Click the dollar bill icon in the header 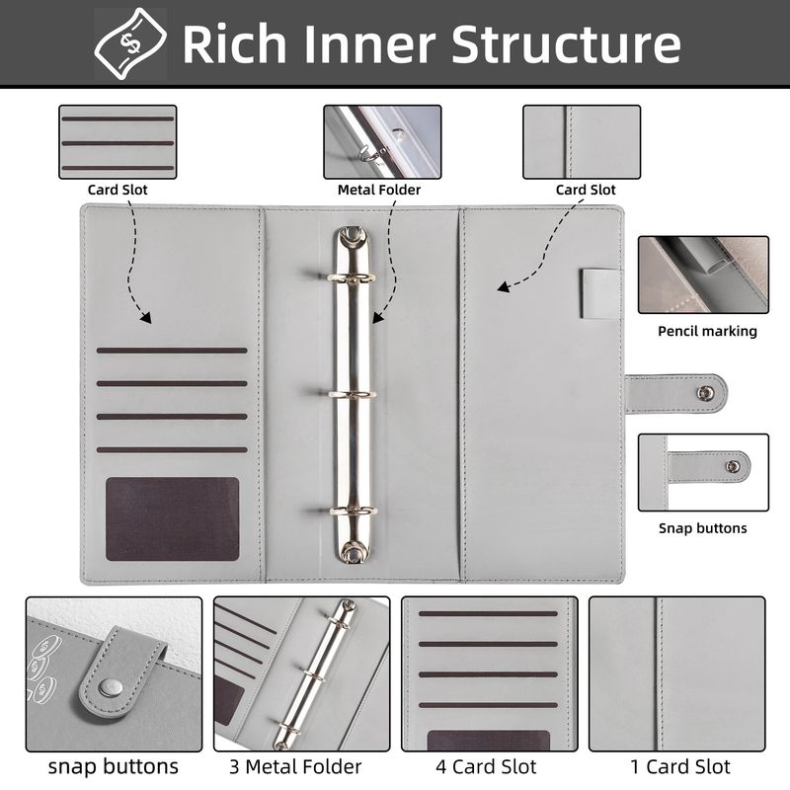[130, 44]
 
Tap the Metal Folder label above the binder [379, 190]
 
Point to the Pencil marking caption [707, 331]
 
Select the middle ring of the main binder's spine [353, 394]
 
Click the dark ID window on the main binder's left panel [172, 519]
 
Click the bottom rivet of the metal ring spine [353, 551]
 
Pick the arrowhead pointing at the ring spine [377, 318]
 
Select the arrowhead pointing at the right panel [503, 287]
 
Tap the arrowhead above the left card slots [145, 318]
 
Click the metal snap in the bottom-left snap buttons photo [110, 686]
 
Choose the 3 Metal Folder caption [295, 767]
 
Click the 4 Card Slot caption [486, 767]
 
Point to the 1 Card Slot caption [679, 767]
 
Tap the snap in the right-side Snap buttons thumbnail [733, 466]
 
